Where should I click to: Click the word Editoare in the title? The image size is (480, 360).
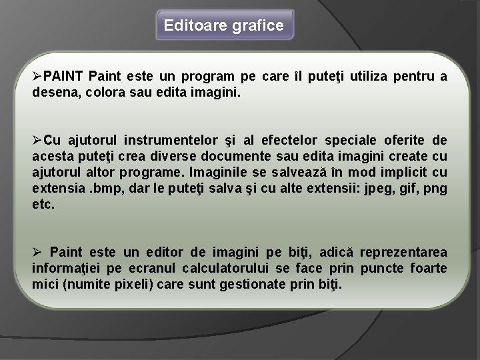193,26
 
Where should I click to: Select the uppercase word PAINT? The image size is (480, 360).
63,77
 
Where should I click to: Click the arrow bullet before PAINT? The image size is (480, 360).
38,77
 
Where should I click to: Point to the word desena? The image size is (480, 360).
52,91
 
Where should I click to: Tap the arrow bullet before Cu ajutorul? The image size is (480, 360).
38,141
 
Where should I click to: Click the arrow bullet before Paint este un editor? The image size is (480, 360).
38,253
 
